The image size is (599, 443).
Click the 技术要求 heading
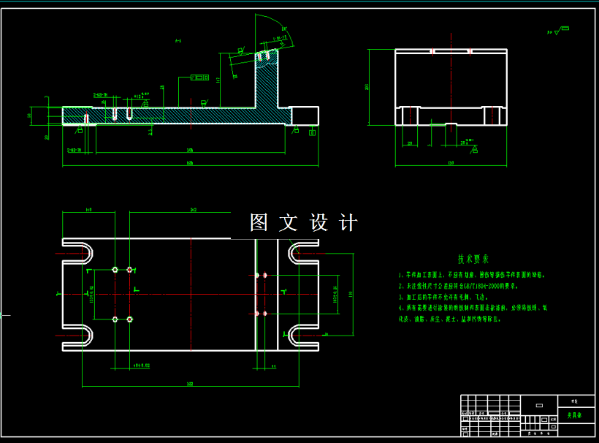pos(473,259)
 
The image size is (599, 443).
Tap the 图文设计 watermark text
pos(303,222)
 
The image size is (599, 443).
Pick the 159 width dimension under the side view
pos(451,162)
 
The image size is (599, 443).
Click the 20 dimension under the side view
pos(409,144)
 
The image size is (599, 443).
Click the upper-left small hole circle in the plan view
pos(115,270)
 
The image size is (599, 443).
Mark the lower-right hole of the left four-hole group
pos(130,319)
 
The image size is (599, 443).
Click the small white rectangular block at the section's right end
pos(305,116)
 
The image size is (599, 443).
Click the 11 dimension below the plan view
pos(272,366)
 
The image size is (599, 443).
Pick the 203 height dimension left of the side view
pos(367,87)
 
